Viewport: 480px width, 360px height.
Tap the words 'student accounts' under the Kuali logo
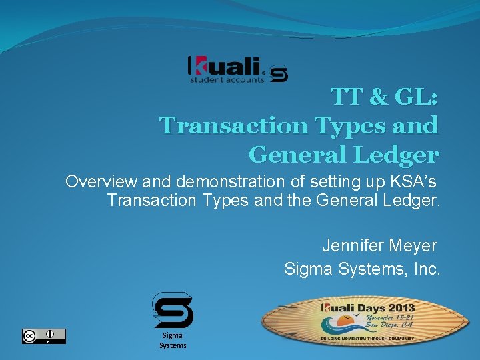click(227, 79)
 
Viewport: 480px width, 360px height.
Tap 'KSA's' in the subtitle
click(413, 182)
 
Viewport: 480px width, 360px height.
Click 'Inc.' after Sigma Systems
click(426, 269)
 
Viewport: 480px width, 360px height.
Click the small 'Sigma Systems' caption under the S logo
click(173, 341)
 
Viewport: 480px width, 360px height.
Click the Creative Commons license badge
click(44, 336)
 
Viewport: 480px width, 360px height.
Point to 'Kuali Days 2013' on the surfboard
click(368, 308)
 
